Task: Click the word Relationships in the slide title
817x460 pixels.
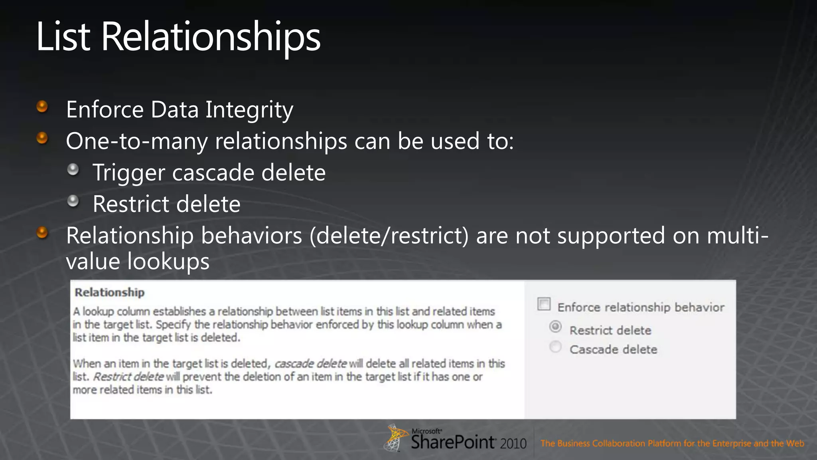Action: pyautogui.click(x=211, y=37)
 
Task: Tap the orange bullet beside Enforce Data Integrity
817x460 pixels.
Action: pyautogui.click(x=42, y=107)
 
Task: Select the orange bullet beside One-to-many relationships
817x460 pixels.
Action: pyautogui.click(x=42, y=138)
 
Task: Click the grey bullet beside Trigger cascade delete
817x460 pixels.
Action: pyautogui.click(x=73, y=170)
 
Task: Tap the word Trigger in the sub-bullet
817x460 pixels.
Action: pyautogui.click(x=129, y=173)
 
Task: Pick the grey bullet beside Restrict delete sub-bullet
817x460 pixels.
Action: pyautogui.click(x=73, y=201)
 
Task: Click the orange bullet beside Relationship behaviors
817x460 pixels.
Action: pyautogui.click(x=42, y=232)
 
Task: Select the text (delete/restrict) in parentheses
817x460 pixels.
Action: pyautogui.click(x=389, y=236)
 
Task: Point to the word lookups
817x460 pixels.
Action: pyautogui.click(x=168, y=262)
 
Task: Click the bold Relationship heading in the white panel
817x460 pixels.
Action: pyautogui.click(x=110, y=292)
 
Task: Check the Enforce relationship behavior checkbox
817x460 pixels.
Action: pyautogui.click(x=544, y=304)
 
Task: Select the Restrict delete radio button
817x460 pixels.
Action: pyautogui.click(x=555, y=327)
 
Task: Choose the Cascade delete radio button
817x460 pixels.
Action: pyautogui.click(x=555, y=347)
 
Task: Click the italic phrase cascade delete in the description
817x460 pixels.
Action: pyautogui.click(x=310, y=364)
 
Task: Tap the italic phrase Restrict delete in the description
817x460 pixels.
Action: pyautogui.click(x=128, y=377)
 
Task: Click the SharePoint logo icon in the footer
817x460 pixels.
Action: pyautogui.click(x=395, y=438)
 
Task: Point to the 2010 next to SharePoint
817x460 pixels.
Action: pyautogui.click(x=513, y=444)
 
